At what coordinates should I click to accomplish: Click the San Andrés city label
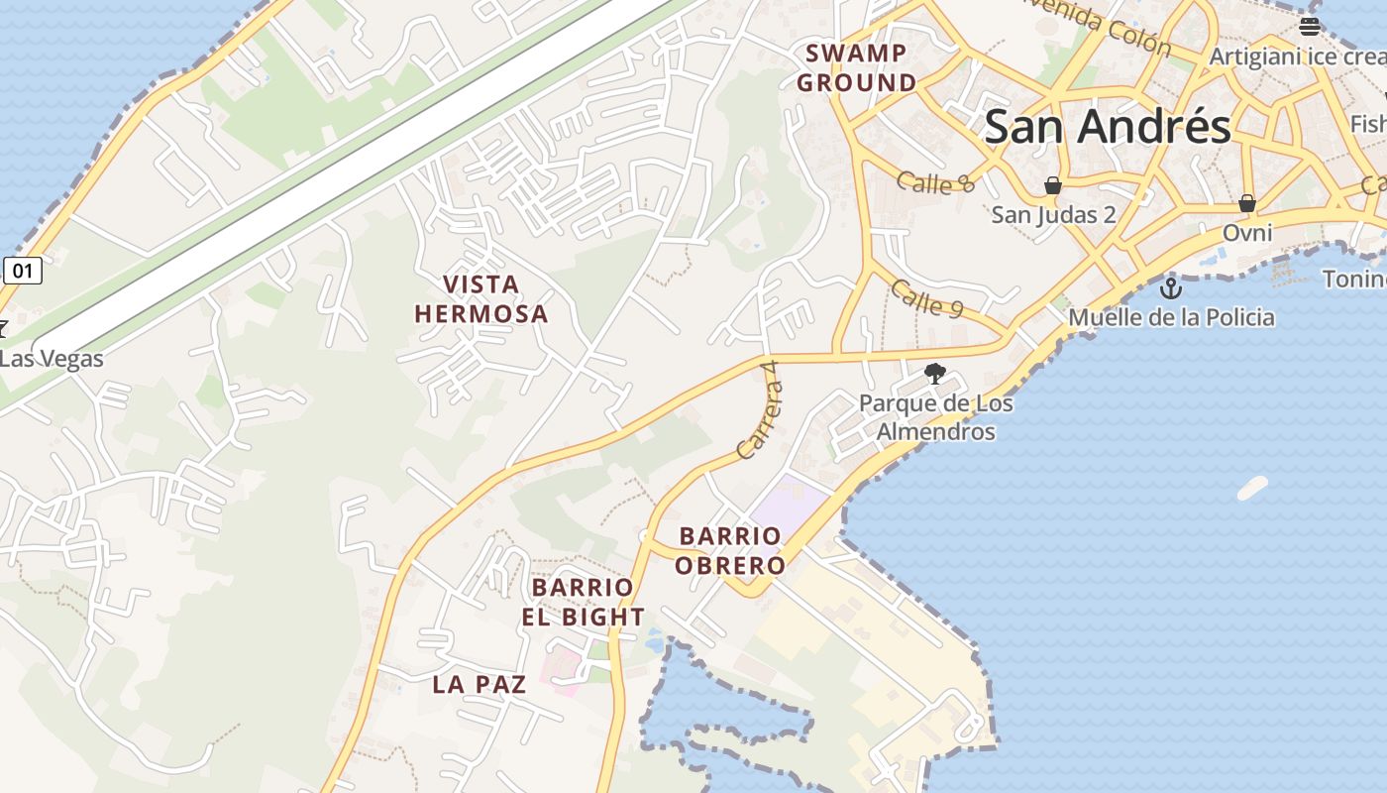click(1108, 127)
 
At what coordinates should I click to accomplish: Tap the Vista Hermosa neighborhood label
click(480, 299)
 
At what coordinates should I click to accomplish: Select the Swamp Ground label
click(857, 68)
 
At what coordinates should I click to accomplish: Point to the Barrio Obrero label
click(731, 551)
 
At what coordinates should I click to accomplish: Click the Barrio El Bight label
click(584, 602)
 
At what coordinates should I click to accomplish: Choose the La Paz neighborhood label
click(479, 684)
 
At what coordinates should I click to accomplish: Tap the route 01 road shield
click(23, 270)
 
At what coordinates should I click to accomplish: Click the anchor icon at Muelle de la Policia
click(1171, 288)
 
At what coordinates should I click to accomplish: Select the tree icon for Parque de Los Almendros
click(934, 374)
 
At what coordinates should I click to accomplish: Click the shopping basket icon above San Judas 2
click(1053, 185)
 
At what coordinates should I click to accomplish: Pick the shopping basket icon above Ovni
click(1246, 203)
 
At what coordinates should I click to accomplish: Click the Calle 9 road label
click(926, 298)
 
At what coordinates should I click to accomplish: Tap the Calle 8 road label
click(936, 182)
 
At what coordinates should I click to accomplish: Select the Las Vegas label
click(52, 358)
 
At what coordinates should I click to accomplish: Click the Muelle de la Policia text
click(1171, 317)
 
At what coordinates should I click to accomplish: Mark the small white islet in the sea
click(1252, 488)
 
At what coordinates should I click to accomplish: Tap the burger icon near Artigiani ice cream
click(1309, 27)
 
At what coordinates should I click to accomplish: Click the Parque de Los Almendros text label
click(935, 417)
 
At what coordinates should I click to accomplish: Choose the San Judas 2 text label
click(1053, 214)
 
